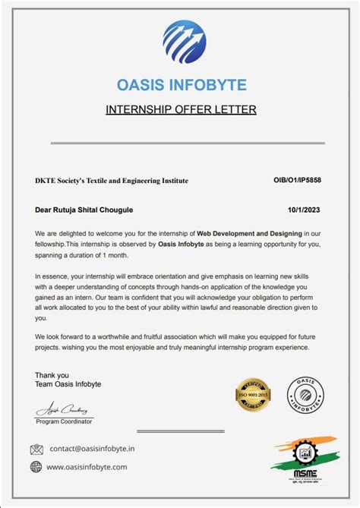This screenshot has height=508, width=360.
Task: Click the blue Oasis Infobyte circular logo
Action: pyautogui.click(x=184, y=41)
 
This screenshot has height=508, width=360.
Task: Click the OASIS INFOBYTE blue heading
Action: pyautogui.click(x=182, y=84)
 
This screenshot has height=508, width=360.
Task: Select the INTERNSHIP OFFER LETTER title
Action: pyautogui.click(x=181, y=110)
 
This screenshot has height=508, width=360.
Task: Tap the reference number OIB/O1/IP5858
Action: pyautogui.click(x=297, y=181)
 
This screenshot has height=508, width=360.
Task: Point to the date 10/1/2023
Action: pyautogui.click(x=305, y=209)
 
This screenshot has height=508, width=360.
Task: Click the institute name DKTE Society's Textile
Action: pyautogui.click(x=112, y=181)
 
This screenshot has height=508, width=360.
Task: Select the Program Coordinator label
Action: pyautogui.click(x=65, y=421)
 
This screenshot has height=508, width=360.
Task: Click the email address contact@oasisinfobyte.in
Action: pyautogui.click(x=93, y=449)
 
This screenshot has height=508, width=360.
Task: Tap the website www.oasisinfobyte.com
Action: pyautogui.click(x=87, y=467)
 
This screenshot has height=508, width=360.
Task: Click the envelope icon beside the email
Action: pyautogui.click(x=36, y=449)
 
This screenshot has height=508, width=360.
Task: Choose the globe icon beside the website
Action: pyautogui.click(x=36, y=467)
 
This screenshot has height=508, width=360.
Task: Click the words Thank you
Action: pyautogui.click(x=52, y=375)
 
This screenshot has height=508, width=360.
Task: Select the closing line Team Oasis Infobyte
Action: pyautogui.click(x=68, y=384)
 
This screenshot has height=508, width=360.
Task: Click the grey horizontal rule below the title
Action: pyautogui.click(x=187, y=143)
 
